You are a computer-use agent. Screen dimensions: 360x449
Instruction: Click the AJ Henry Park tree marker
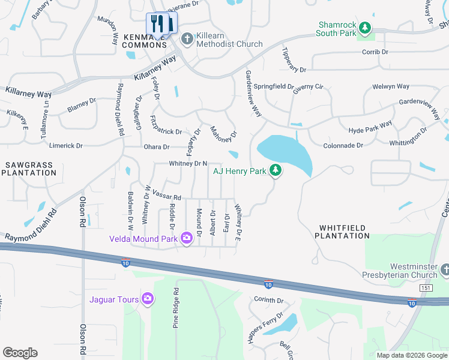(x=276, y=171)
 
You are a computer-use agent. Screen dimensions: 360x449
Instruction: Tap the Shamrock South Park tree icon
(x=364, y=27)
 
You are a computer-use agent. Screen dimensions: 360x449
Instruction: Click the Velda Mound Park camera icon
(x=186, y=239)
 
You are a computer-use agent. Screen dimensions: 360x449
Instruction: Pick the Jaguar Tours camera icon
(x=148, y=299)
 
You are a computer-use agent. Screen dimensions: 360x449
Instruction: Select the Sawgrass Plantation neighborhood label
(x=28, y=169)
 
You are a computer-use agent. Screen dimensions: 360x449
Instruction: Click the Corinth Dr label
(x=268, y=300)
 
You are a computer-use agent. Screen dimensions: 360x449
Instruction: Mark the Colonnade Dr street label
(x=343, y=145)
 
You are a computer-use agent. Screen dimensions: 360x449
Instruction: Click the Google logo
(x=20, y=353)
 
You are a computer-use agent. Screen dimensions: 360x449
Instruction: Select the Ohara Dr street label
(x=157, y=146)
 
